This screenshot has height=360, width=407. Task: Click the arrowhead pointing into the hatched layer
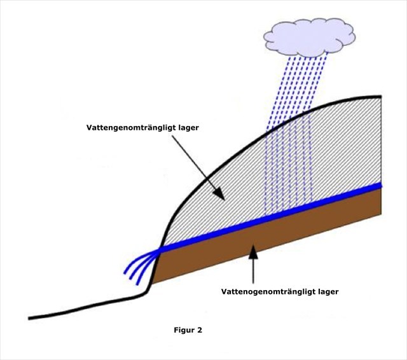tap(218, 193)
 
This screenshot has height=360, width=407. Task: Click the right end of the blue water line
tap(379, 186)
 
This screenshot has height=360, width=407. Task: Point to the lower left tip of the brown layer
tap(150, 283)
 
